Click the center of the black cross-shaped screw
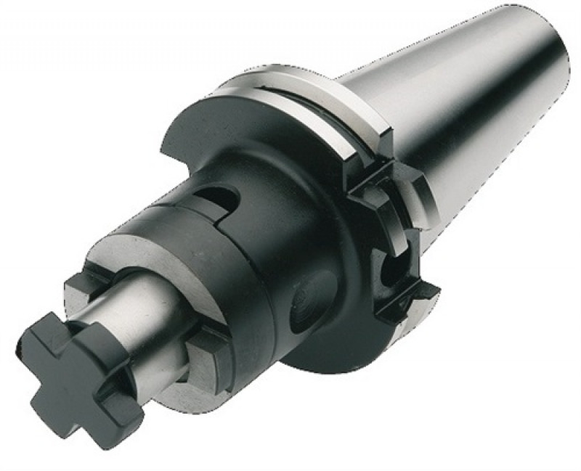tap(80, 366)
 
